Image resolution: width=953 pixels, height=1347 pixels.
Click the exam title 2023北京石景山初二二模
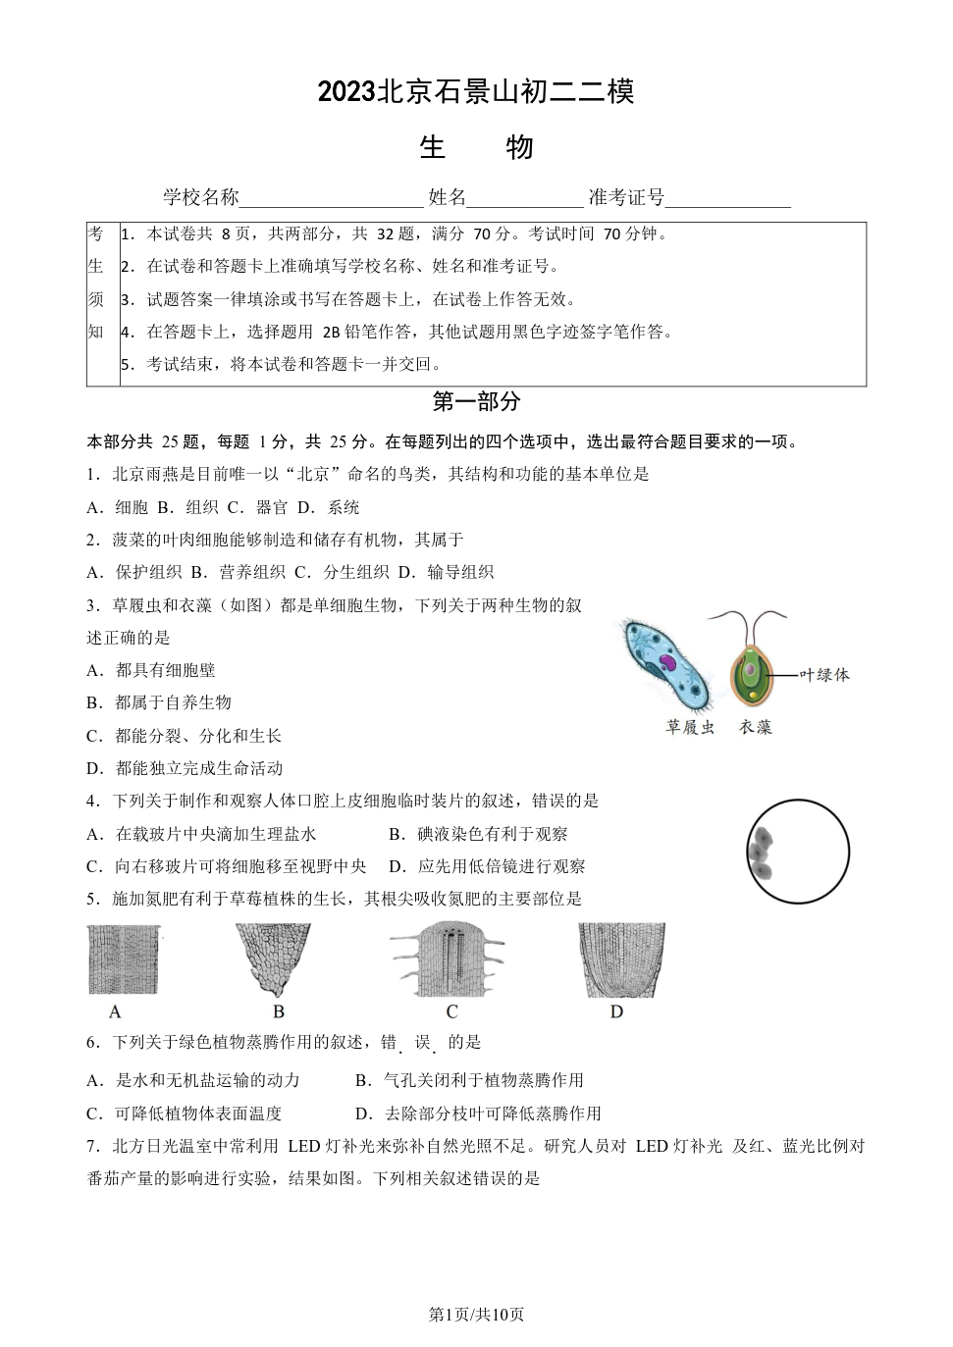click(x=476, y=91)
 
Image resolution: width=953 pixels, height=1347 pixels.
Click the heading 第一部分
click(x=476, y=401)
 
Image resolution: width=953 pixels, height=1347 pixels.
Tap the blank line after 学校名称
click(x=331, y=199)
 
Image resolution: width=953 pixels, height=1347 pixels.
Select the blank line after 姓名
click(x=525, y=199)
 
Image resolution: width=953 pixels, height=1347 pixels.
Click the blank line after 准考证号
click(x=727, y=199)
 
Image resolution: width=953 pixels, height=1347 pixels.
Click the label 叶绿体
click(x=824, y=674)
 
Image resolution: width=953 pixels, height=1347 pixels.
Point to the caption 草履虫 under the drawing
click(x=690, y=727)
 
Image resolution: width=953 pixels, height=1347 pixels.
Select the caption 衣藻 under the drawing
click(x=756, y=727)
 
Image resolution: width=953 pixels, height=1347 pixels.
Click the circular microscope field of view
click(x=797, y=851)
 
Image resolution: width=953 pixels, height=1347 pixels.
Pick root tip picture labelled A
click(x=124, y=958)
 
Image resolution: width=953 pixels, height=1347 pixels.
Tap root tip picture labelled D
click(x=621, y=958)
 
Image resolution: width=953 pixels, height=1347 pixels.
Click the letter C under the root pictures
click(x=451, y=1011)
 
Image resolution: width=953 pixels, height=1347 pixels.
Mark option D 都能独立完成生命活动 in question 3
click(x=185, y=768)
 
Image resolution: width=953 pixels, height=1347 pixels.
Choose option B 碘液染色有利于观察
click(x=478, y=834)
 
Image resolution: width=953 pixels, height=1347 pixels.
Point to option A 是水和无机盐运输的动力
click(x=193, y=1080)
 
